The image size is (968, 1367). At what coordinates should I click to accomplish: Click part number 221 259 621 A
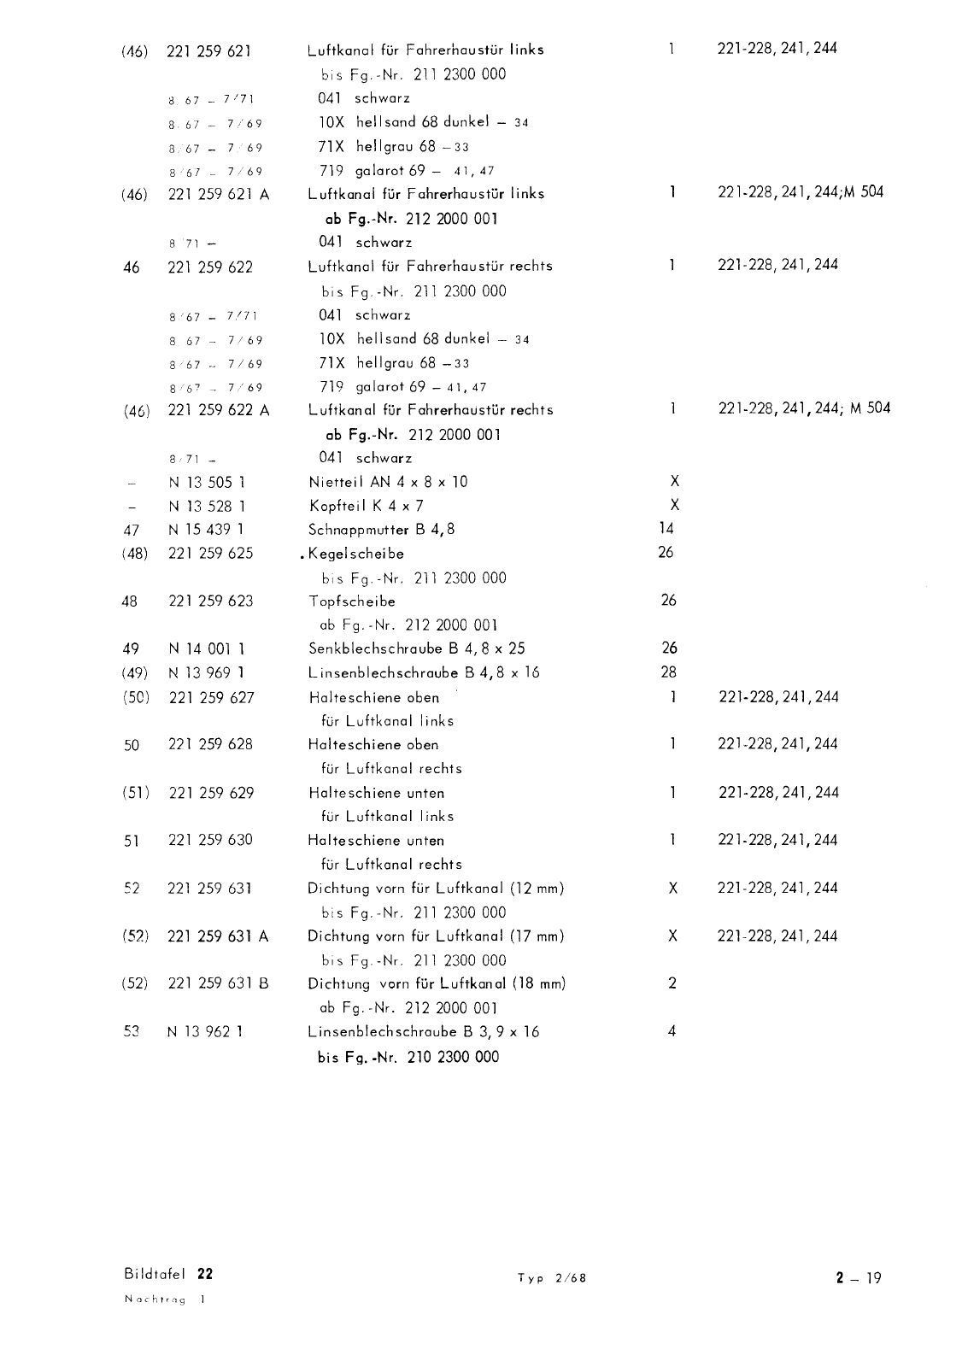pos(219,194)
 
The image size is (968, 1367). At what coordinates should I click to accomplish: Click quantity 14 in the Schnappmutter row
pos(666,529)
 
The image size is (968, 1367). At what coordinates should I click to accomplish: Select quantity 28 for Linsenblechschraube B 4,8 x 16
pos(668,672)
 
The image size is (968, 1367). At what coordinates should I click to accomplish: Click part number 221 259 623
pos(210,601)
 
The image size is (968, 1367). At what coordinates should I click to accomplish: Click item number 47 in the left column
pos(132,530)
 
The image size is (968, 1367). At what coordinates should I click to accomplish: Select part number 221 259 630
pos(210,840)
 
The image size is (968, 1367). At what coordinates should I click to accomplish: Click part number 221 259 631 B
pos(219,983)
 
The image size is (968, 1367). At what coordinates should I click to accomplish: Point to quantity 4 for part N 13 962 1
pos(672,1031)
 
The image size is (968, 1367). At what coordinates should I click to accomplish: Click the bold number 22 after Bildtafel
pos(205,1274)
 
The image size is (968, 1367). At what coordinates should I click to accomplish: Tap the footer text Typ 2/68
pos(552,1278)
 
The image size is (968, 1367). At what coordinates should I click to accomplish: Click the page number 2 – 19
pos(859,1278)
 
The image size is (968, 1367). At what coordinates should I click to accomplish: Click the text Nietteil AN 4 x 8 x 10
pos(388,482)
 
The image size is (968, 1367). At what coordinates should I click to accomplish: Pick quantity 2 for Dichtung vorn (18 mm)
pos(672,983)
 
